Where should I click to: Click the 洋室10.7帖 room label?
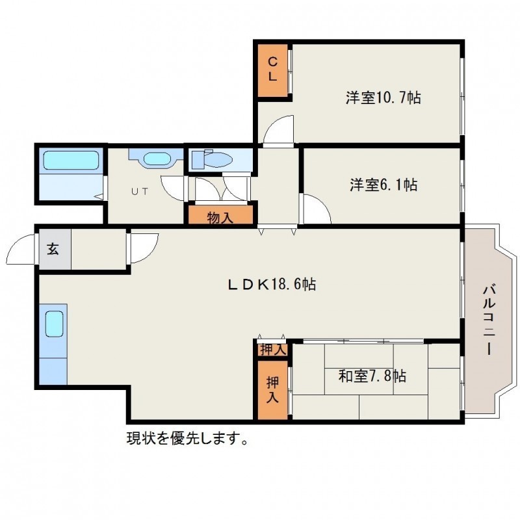(383, 97)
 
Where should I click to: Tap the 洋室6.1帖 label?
(383, 185)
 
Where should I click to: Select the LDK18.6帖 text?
(272, 285)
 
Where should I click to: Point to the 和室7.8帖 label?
(372, 376)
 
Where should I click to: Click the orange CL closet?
(272, 70)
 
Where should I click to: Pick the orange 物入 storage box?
(220, 214)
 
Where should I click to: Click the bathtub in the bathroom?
(71, 161)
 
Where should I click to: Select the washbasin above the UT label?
(157, 158)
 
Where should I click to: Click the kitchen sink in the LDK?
(54, 324)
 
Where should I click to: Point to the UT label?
(140, 191)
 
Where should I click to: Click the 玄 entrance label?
(53, 248)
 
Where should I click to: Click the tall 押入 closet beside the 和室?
(272, 390)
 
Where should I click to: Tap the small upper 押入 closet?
(272, 350)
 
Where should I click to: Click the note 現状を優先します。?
(187, 439)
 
